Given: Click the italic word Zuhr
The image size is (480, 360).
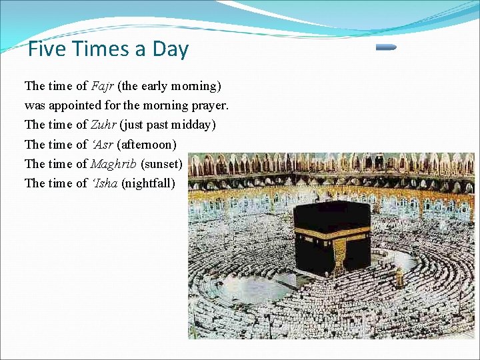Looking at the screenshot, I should [103, 125].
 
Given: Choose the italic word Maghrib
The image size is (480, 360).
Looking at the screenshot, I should [114, 163].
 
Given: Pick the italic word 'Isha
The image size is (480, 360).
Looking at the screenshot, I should [103, 183].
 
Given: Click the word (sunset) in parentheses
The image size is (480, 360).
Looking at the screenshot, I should [162, 163].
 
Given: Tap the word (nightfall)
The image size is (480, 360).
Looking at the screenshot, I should [148, 183].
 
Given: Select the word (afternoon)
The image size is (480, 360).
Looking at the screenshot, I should [147, 144].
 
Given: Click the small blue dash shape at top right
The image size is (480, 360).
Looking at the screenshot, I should [385, 47].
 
